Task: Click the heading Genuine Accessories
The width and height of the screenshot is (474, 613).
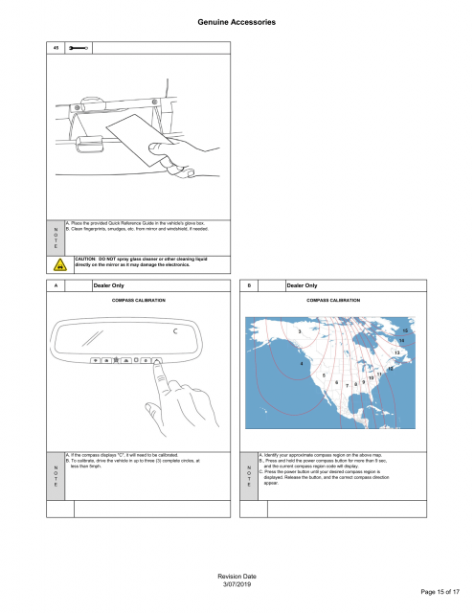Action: (x=237, y=20)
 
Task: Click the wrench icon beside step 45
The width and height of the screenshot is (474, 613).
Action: (x=79, y=46)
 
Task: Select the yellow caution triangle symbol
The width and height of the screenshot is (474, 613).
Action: (x=59, y=261)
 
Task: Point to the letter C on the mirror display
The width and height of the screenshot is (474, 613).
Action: (x=175, y=331)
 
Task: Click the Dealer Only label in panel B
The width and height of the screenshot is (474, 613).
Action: (x=304, y=285)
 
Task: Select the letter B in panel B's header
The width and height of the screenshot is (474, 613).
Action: (x=249, y=285)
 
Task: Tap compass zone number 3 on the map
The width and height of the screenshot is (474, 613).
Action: (x=300, y=332)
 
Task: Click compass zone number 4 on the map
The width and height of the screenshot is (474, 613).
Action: (x=303, y=363)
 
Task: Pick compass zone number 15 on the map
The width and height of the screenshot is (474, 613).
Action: (x=405, y=330)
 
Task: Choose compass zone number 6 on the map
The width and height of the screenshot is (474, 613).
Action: (x=335, y=382)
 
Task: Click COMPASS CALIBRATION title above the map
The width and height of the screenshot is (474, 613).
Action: (x=333, y=301)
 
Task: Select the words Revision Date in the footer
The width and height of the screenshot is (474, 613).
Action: (x=236, y=575)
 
